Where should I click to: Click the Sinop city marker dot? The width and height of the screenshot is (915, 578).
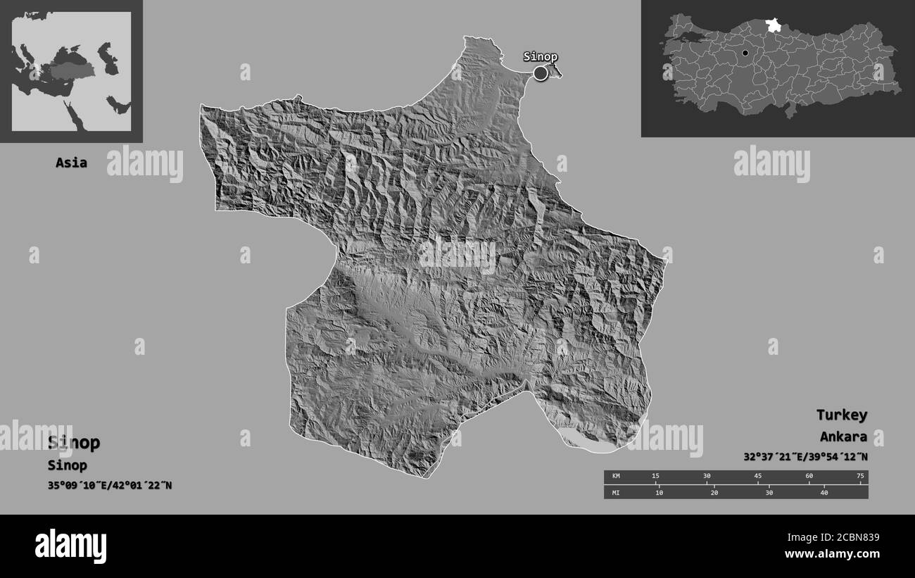click(541, 73)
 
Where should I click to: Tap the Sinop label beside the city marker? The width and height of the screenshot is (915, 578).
click(541, 57)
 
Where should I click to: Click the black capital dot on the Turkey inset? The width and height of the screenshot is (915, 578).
click(745, 53)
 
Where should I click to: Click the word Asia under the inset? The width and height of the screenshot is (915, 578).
click(72, 163)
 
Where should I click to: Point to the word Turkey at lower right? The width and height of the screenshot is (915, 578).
click(842, 415)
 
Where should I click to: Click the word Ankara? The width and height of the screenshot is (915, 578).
click(843, 436)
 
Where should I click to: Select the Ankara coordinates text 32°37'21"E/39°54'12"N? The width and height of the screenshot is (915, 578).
click(805, 457)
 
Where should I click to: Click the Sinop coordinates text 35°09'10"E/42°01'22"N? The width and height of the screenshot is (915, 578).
click(110, 486)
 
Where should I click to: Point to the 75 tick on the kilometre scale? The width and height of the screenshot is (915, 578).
click(859, 477)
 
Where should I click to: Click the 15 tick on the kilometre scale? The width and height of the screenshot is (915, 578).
click(656, 477)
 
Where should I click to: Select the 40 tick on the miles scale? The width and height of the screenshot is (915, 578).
click(824, 491)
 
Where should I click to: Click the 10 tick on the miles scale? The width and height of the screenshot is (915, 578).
click(659, 491)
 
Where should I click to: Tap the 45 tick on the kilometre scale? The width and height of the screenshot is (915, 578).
click(758, 477)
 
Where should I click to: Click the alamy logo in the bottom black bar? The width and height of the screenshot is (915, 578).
click(71, 546)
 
